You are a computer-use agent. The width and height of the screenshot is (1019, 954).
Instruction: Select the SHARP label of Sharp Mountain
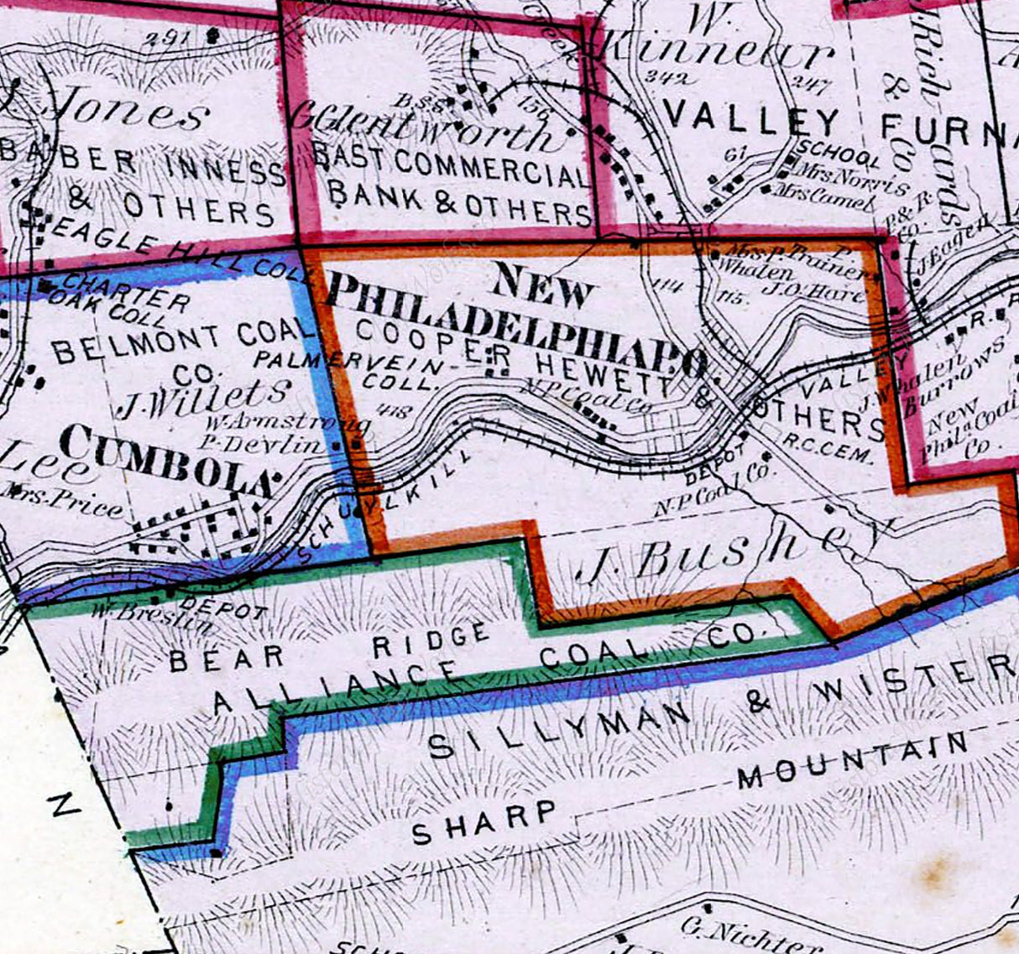click(x=484, y=821)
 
